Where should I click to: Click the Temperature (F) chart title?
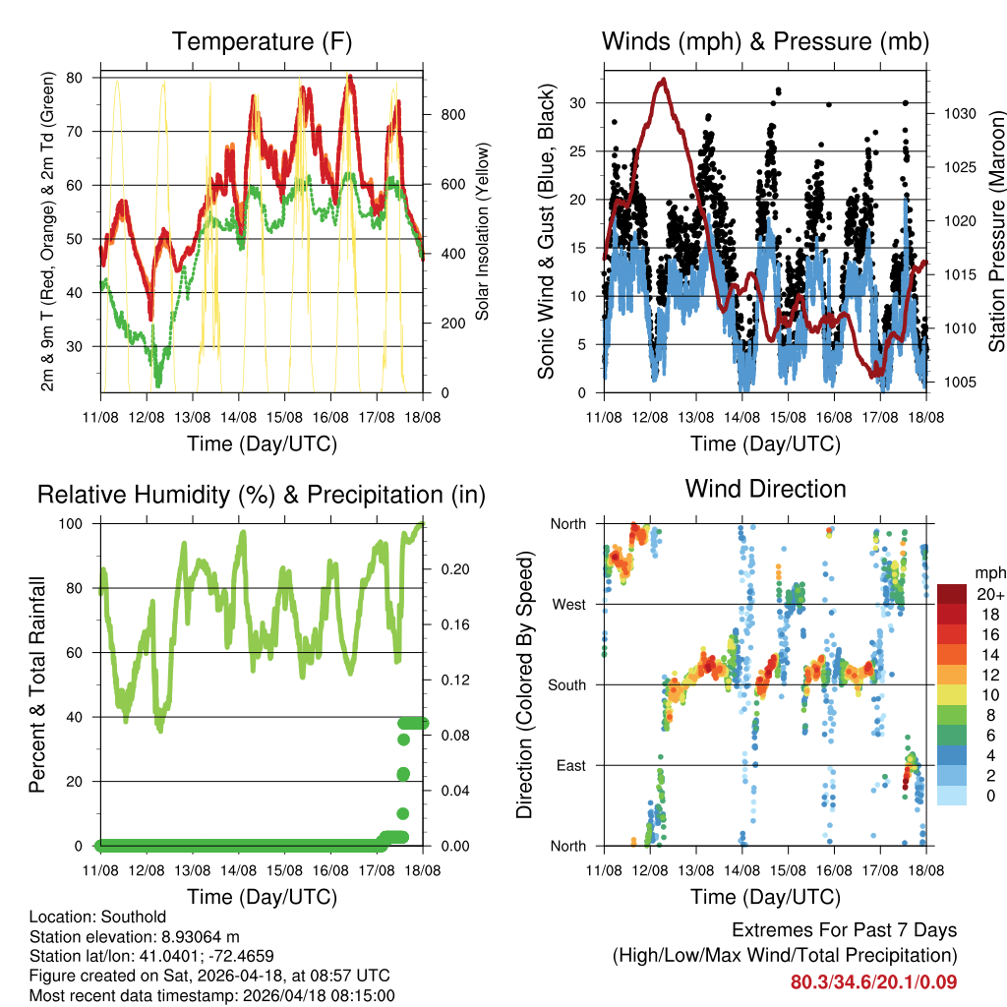pyautogui.click(x=262, y=42)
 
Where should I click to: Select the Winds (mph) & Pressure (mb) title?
pyautogui.click(x=765, y=42)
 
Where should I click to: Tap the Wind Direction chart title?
pyautogui.click(x=765, y=489)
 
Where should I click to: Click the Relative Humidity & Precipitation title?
pyautogui.click(x=262, y=495)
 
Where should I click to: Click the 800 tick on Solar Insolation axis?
pyautogui.click(x=452, y=115)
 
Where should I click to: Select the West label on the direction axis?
pyautogui.click(x=569, y=604)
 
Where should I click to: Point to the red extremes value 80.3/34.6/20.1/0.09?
pyautogui.click(x=873, y=981)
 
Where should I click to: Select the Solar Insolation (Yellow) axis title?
pyautogui.click(x=483, y=232)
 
